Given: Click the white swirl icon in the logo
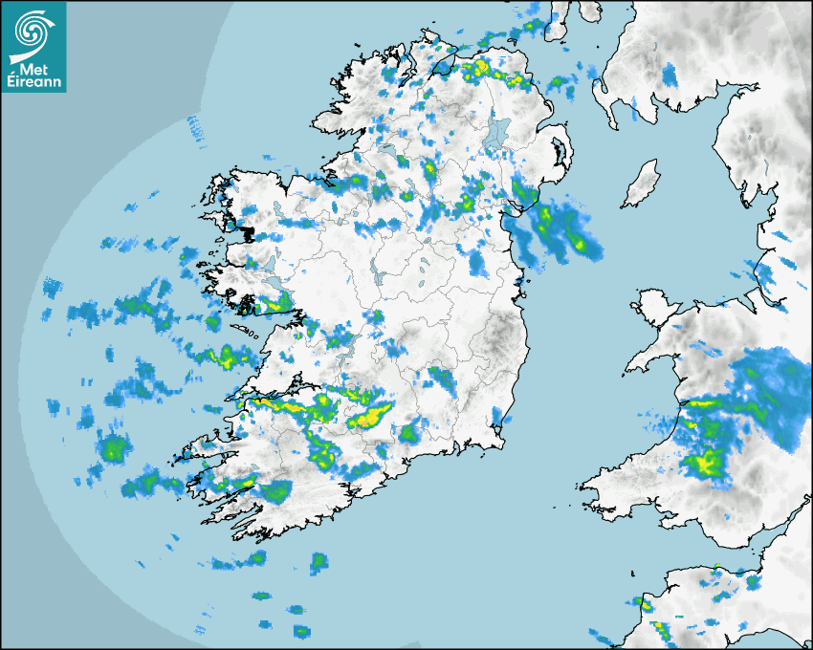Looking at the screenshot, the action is click(33, 30).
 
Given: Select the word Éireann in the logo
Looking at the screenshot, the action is click(34, 82).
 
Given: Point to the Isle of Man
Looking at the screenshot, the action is click(642, 184).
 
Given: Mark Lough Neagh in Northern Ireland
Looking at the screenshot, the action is click(498, 134).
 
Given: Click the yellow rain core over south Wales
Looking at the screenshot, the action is click(708, 464).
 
